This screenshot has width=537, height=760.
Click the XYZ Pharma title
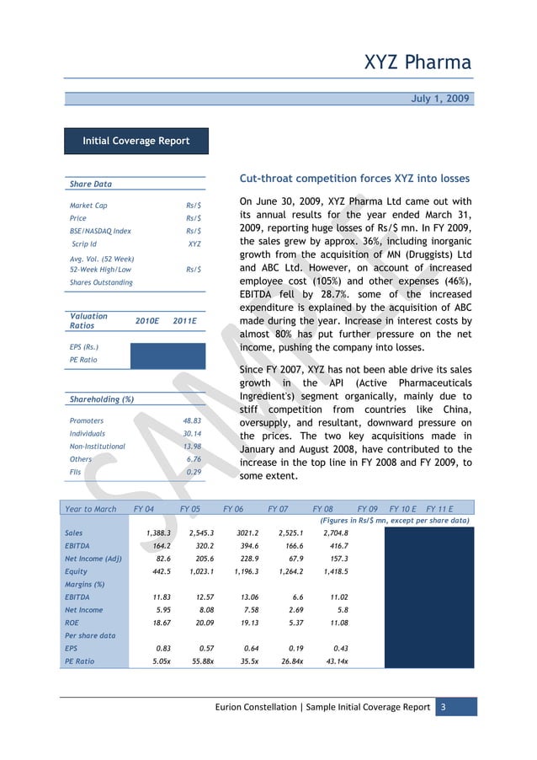point(417,62)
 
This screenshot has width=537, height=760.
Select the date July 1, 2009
point(441,99)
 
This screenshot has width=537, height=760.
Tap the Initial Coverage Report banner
point(136,141)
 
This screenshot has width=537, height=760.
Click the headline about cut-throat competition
point(354,179)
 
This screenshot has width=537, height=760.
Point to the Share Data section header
point(91,184)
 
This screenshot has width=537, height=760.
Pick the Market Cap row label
point(88,205)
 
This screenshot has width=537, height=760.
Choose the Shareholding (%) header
point(99,399)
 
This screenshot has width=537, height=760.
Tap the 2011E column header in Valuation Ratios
point(183,321)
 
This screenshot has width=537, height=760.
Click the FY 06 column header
point(235,508)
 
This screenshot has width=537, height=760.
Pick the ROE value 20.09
point(201,623)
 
